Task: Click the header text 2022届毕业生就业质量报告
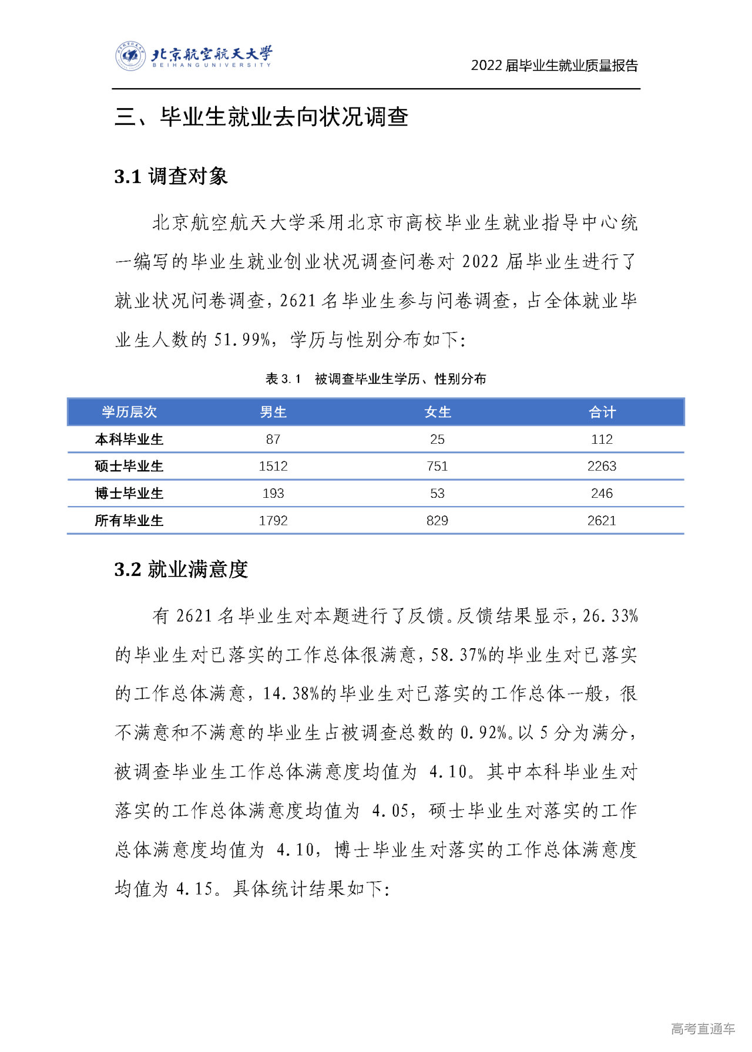pos(554,66)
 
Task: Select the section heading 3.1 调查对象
pos(171,176)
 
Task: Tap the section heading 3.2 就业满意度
pos(181,569)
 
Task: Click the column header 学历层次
pos(129,412)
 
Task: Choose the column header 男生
pos(273,412)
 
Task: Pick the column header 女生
pos(438,412)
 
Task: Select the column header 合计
pos(602,412)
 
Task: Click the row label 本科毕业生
pos(129,439)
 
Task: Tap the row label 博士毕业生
pos(129,493)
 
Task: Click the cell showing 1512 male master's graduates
pos(273,466)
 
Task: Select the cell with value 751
pos(438,466)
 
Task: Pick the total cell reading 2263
pos(602,466)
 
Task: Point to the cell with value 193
pos(273,493)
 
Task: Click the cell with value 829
pos(438,520)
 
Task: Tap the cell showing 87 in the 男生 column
pos(273,439)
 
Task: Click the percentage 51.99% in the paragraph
pos(241,340)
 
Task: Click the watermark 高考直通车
pos(703,1028)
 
